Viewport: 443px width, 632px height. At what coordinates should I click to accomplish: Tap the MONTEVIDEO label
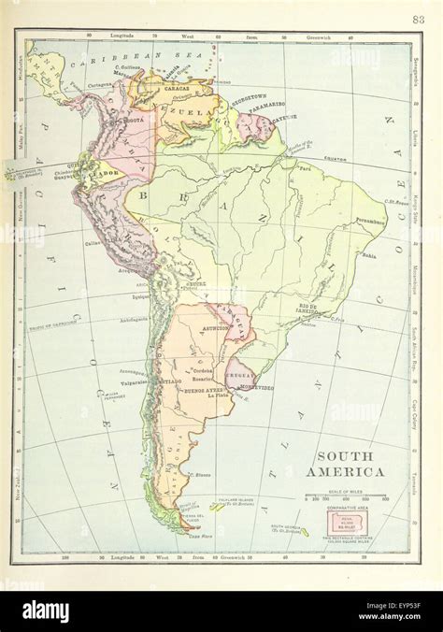coord(254,388)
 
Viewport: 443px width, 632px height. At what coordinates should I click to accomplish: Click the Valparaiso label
coord(138,381)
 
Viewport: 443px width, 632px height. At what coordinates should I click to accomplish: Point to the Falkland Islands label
coord(236,504)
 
